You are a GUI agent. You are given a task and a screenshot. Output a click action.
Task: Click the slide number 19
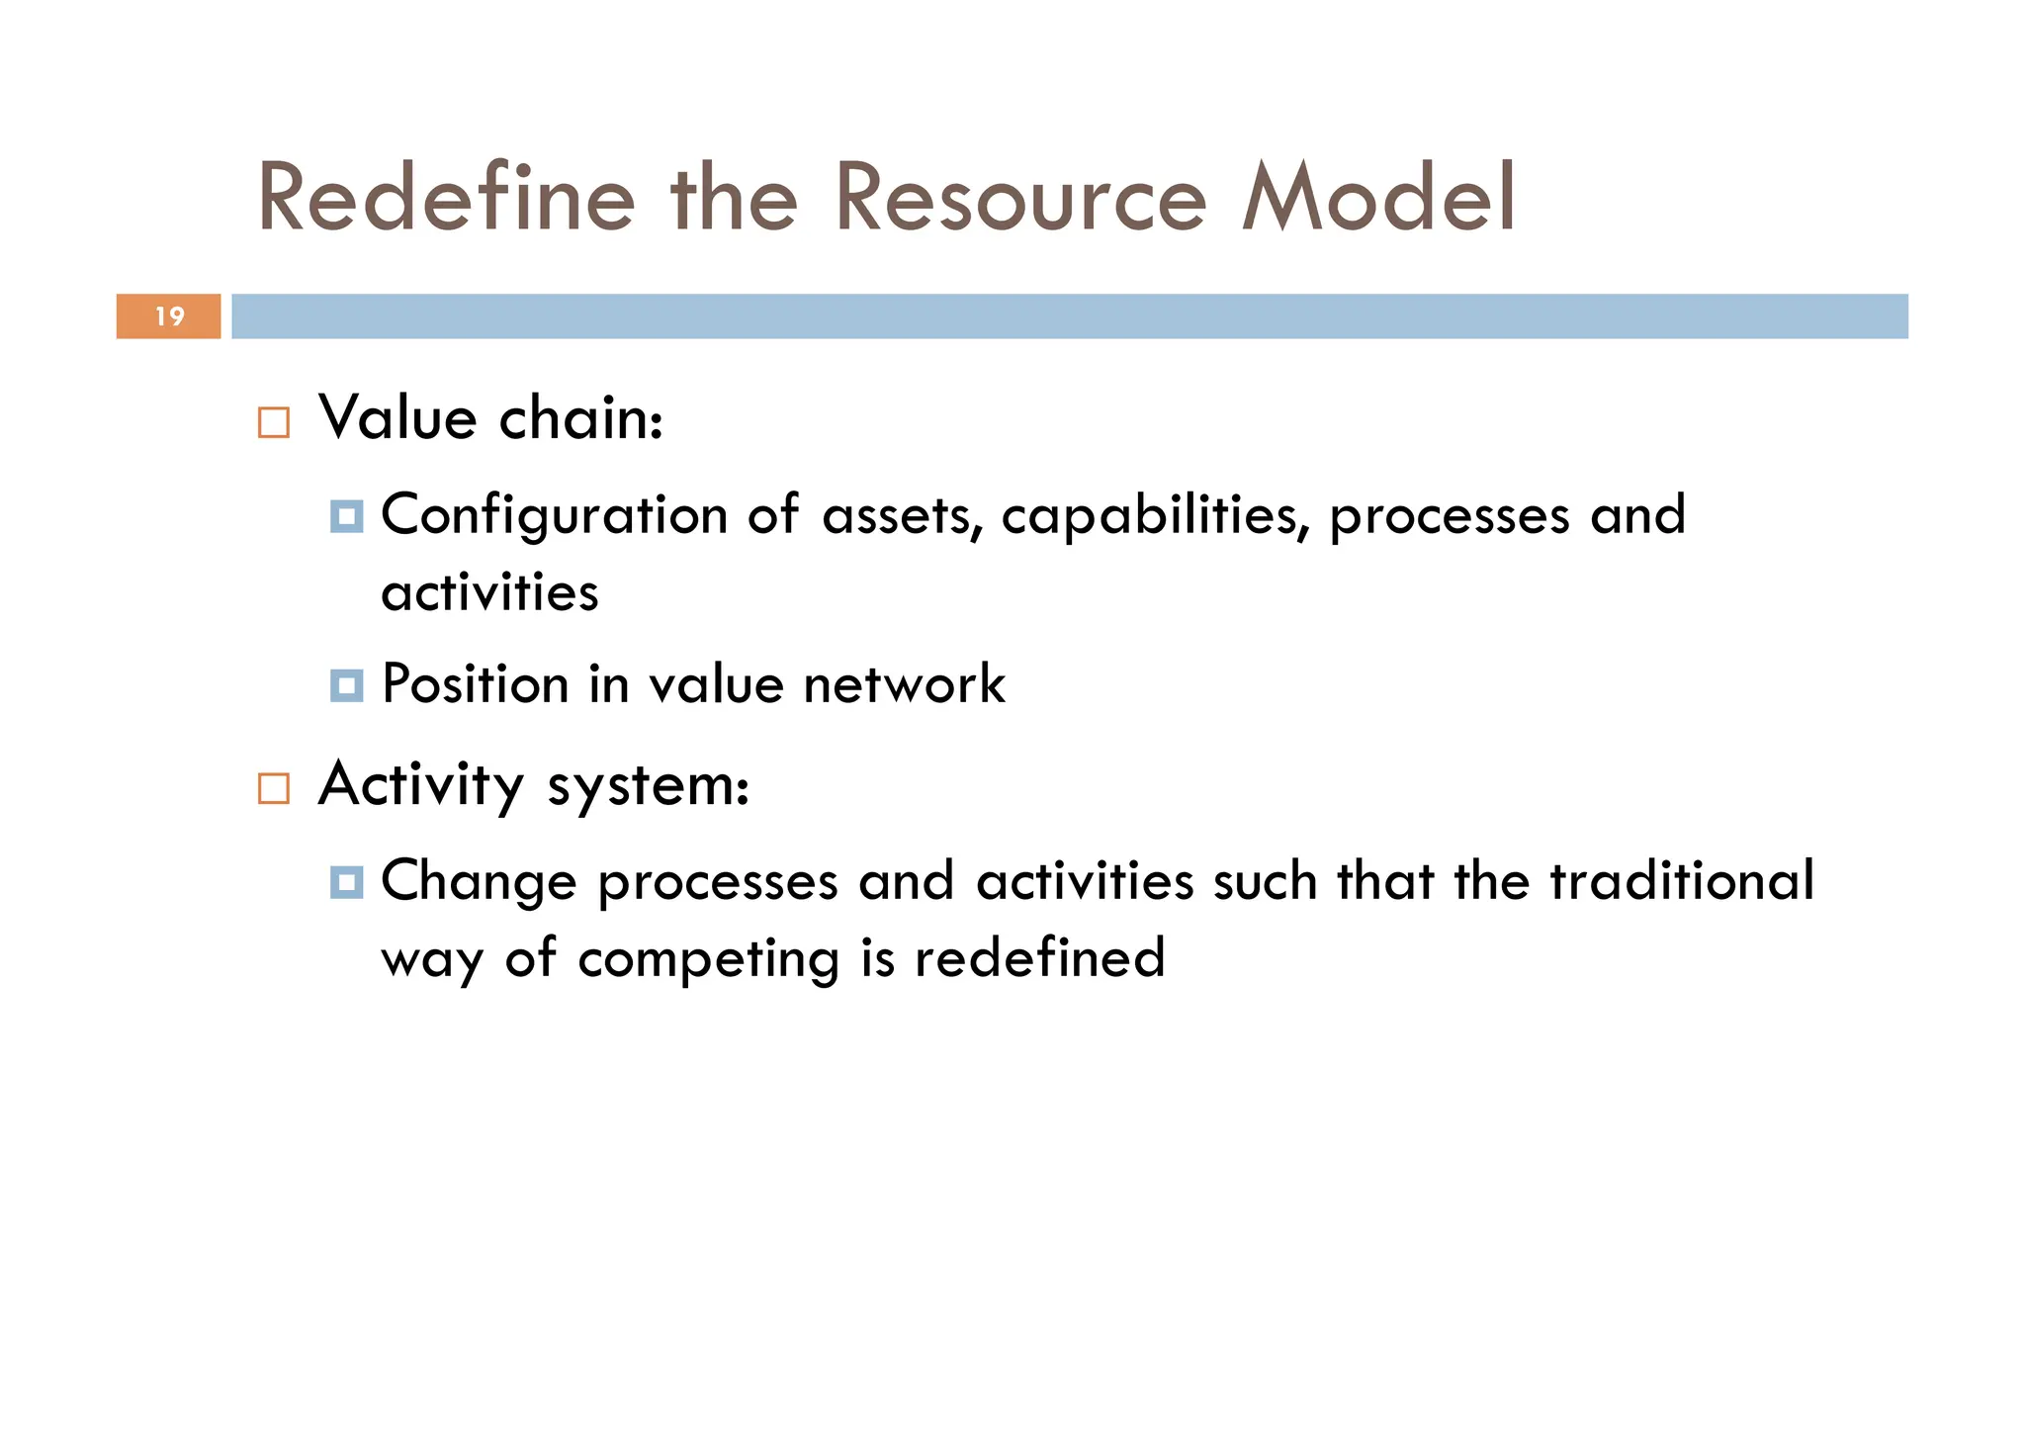[170, 316]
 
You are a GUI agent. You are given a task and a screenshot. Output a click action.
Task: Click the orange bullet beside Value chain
[274, 422]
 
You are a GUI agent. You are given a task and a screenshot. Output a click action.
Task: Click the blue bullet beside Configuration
[346, 516]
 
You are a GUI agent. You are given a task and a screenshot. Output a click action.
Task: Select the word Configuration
[555, 516]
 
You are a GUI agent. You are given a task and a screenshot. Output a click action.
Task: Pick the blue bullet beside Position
[346, 684]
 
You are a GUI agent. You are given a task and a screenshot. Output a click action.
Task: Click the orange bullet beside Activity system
[274, 788]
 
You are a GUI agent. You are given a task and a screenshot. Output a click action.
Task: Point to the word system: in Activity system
[648, 786]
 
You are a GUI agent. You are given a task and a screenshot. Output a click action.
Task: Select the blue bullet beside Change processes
[346, 882]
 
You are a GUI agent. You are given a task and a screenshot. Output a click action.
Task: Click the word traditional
[1681, 880]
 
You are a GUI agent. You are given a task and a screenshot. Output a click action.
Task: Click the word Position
[475, 684]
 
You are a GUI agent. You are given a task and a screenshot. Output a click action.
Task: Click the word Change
[479, 882]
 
